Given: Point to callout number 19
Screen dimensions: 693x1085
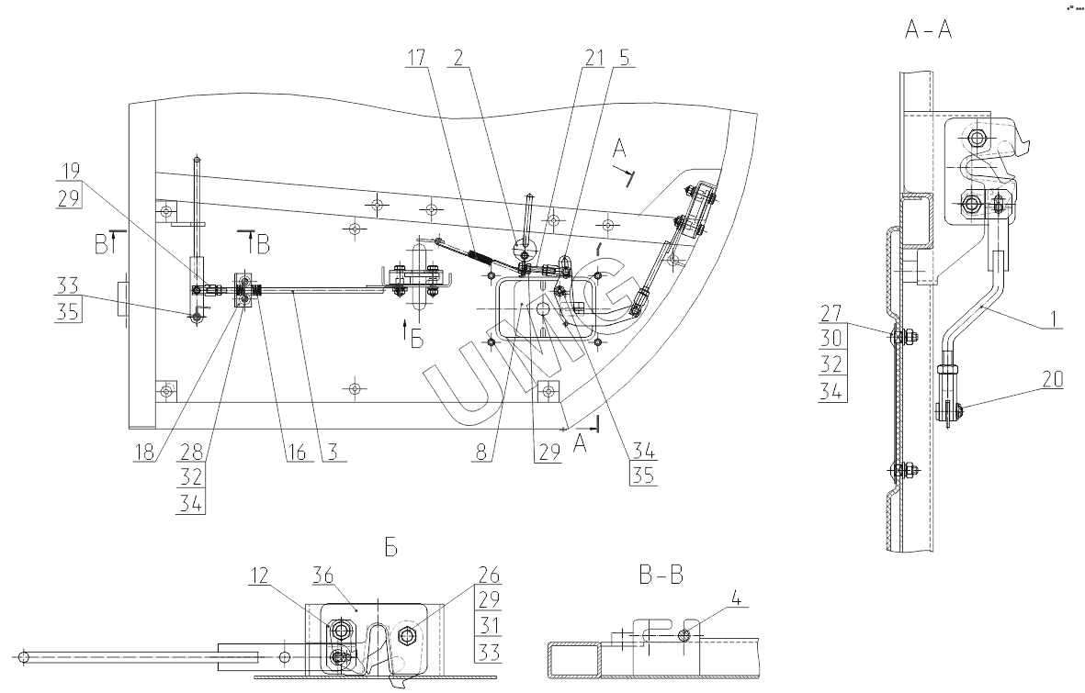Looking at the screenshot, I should pyautogui.click(x=72, y=170).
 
